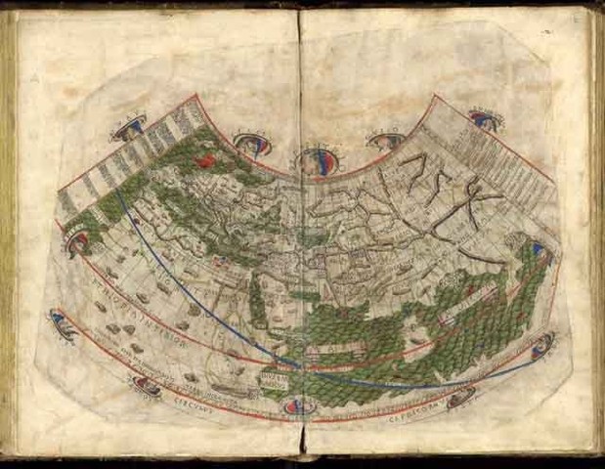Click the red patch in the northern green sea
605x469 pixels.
click(205, 157)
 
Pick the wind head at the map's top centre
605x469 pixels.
click(316, 160)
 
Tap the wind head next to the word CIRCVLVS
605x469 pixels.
click(147, 387)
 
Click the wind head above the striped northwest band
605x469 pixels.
click(129, 125)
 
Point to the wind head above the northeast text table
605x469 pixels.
click(482, 118)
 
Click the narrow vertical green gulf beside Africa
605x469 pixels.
click(257, 302)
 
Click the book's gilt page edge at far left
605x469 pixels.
click(8, 244)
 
